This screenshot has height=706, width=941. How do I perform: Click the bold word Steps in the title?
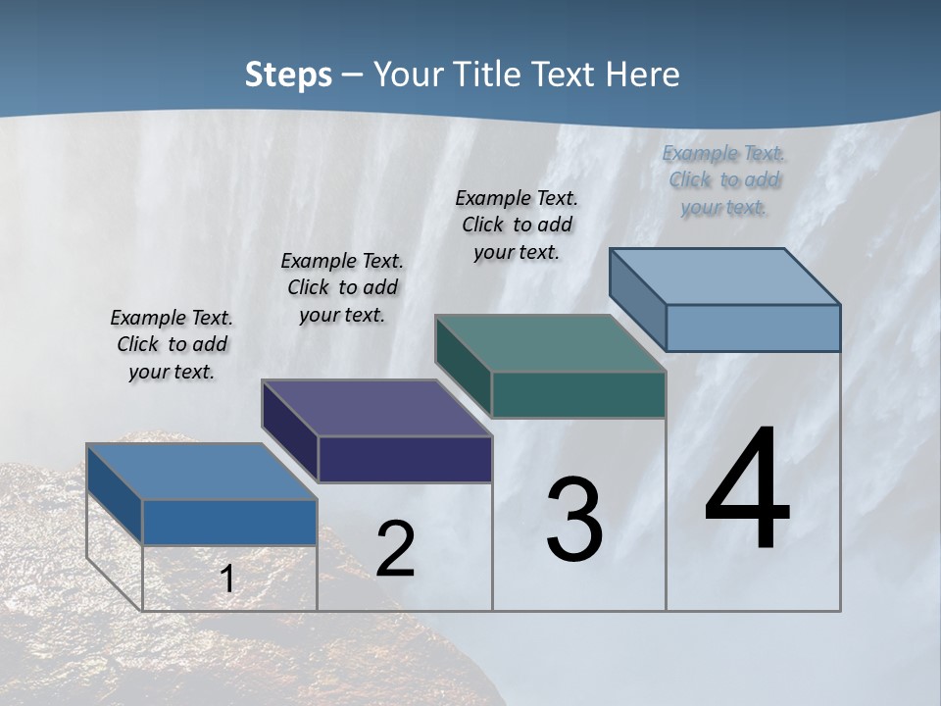point(288,75)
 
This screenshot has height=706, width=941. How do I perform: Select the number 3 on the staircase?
point(574,520)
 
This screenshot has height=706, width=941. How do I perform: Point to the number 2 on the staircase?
point(396,549)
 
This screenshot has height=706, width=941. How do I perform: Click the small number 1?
point(227,580)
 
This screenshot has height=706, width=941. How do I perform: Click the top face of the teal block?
point(550,343)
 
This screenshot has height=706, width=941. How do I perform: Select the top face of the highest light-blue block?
point(724,276)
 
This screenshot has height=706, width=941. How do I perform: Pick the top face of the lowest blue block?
point(201,472)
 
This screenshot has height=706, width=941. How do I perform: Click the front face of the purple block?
point(405,459)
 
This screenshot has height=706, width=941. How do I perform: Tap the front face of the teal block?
point(578,394)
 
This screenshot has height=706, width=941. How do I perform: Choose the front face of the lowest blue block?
point(229,522)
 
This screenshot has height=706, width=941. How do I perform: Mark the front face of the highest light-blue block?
point(753,328)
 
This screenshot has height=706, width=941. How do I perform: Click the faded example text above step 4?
point(723,180)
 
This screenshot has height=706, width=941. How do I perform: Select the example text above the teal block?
point(517,225)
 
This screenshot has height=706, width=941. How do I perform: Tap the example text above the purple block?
point(342,287)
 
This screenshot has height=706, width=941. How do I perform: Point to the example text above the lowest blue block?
point(172,344)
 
